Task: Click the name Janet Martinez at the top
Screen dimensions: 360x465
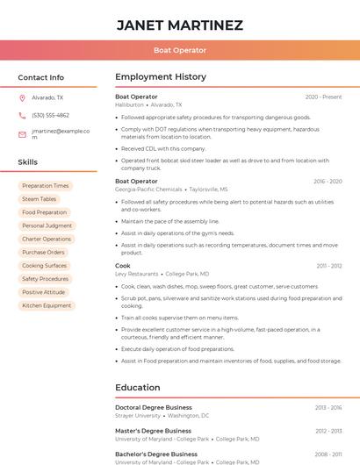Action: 180,25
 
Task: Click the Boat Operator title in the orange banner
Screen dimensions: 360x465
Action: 180,50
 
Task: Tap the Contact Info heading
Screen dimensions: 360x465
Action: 41,77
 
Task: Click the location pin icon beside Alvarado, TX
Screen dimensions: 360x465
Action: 22,98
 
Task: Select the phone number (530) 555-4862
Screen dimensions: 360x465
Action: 50,115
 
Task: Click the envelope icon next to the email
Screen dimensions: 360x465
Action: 22,134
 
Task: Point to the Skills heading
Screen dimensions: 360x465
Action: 28,162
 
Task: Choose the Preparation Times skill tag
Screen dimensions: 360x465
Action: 46,186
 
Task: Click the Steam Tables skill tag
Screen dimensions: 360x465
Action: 40,199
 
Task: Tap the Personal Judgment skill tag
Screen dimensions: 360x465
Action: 47,225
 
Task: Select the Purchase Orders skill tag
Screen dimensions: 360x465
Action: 45,252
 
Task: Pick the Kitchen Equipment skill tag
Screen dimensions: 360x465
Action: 47,305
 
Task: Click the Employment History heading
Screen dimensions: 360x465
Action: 161,77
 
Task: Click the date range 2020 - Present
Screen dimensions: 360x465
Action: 323,97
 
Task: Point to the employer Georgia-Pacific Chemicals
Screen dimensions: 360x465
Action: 149,190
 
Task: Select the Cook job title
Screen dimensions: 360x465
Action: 123,266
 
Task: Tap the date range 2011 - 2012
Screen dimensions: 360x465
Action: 329,266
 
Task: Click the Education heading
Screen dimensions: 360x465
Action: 138,387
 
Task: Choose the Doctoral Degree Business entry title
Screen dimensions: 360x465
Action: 154,408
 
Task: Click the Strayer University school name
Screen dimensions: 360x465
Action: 138,416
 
